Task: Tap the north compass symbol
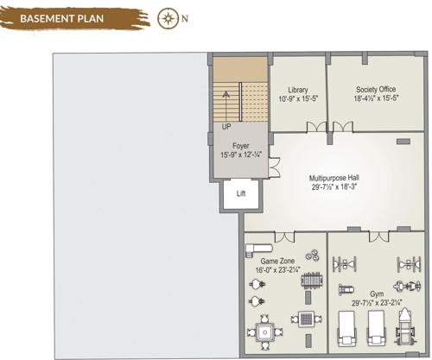pos(168,17)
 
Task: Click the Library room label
pos(298,90)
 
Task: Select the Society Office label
pos(375,90)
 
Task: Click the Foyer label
pos(240,146)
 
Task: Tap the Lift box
pos(241,193)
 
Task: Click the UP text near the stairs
pos(226,126)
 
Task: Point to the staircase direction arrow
pos(226,96)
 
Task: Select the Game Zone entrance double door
pos(284,236)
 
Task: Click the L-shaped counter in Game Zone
pos(257,249)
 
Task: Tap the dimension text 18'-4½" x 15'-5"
pos(375,100)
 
